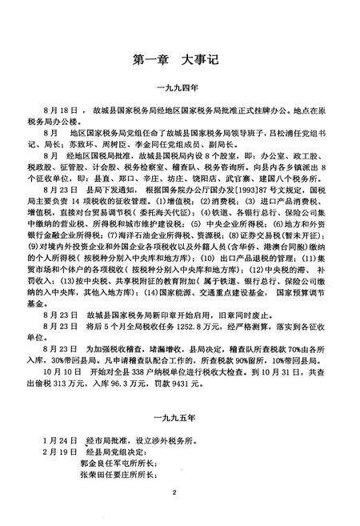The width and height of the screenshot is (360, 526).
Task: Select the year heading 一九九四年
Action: point(180,90)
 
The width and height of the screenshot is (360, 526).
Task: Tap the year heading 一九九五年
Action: point(180,416)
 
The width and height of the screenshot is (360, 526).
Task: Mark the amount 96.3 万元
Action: point(129,387)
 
